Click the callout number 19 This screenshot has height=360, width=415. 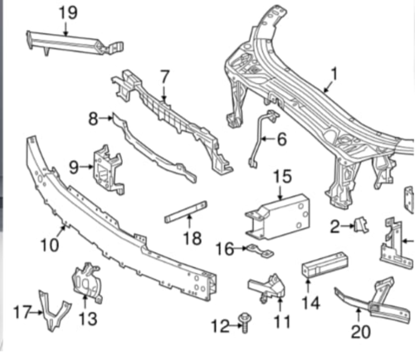pos(68,13)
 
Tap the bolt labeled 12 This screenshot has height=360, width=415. pos(245,323)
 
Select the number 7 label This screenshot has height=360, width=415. pos(164,77)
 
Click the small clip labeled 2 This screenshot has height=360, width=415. pos(361,225)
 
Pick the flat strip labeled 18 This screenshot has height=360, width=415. pos(186,212)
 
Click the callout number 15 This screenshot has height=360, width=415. pos(282,176)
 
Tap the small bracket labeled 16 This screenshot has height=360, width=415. pos(261,250)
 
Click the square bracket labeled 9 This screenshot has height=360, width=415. pos(109,169)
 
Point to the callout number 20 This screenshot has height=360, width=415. pos(360,332)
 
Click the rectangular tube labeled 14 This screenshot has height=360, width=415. pos(325,265)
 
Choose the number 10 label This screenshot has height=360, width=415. pos(50,245)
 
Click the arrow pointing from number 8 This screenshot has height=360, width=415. pos(105,118)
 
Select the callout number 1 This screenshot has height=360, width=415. pos(334,75)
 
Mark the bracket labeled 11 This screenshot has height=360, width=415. pos(268,288)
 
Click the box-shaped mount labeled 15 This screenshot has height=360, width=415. pos(278,217)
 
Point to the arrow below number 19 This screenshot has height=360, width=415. pos(66,29)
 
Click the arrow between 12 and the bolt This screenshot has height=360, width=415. pos(234,325)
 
